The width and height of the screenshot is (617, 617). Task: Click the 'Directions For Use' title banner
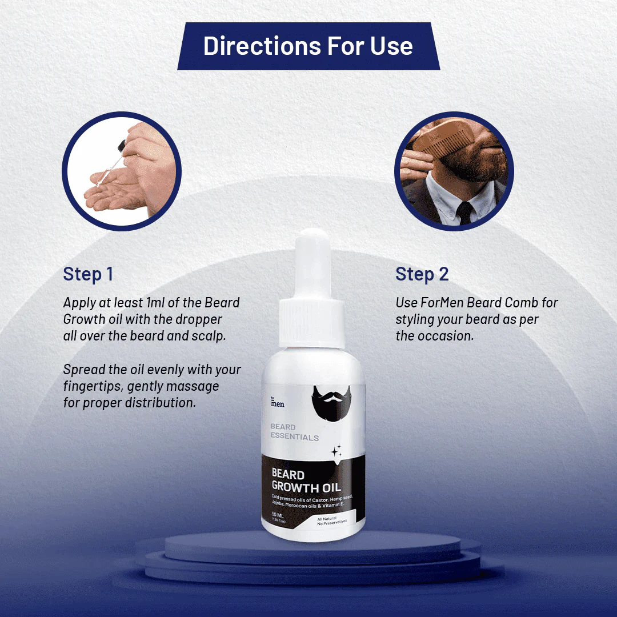pyautogui.click(x=308, y=46)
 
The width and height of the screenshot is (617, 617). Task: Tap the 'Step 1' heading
pyautogui.click(x=88, y=274)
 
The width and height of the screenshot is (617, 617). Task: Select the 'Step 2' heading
pyautogui.click(x=422, y=274)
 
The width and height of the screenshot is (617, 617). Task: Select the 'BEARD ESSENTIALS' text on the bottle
pyautogui.click(x=294, y=432)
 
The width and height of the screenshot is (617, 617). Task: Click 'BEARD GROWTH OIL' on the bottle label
pyautogui.click(x=306, y=481)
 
